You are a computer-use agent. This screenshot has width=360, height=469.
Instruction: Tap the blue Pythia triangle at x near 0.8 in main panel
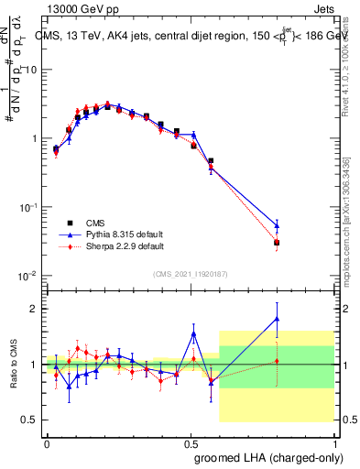(277, 224)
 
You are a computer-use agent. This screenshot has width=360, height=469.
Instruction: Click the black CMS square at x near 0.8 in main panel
(277, 243)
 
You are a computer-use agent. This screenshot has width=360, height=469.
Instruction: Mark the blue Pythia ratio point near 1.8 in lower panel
(277, 319)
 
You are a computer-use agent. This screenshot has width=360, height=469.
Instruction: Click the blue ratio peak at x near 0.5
(193, 333)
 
